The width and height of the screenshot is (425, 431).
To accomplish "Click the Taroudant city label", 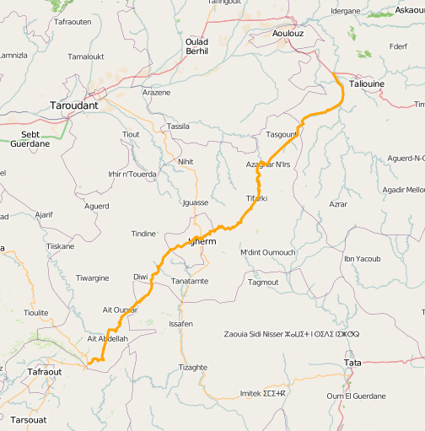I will click(75, 106).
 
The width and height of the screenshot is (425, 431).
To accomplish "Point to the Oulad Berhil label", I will click(196, 46).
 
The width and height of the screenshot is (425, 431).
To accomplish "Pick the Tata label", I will click(352, 363).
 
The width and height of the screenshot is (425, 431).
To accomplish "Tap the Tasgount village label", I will click(282, 134).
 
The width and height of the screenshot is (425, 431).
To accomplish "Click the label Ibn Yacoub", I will click(363, 258).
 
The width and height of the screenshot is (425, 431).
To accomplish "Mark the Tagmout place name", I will click(263, 282).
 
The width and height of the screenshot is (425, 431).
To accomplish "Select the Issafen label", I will click(181, 324).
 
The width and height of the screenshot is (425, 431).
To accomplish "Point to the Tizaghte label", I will click(193, 367).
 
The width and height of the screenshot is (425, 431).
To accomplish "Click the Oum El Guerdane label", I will click(356, 396).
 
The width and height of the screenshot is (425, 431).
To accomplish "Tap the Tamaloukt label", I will click(85, 57).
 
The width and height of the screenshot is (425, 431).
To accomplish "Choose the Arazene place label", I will click(157, 92).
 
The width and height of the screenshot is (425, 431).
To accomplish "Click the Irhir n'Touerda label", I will click(132, 175).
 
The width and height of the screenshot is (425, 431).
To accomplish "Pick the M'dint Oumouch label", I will click(268, 252).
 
